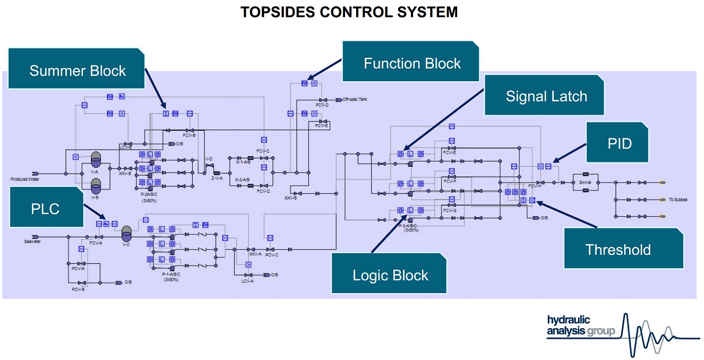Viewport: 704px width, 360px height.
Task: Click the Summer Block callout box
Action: pos(78,71)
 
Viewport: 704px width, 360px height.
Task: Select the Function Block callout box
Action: pos(412,64)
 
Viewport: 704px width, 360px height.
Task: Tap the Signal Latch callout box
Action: pos(546,96)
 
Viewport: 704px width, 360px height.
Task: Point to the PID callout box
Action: pos(619,143)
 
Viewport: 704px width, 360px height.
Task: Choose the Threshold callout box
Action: pos(618,249)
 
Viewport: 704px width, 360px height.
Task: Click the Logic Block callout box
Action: pos(390,275)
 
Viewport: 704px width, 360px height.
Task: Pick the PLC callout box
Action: pos(45,209)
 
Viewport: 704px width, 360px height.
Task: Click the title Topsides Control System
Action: pos(349,12)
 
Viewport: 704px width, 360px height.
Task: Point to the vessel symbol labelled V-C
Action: pos(126,233)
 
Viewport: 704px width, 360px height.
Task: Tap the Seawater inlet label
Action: pos(33,242)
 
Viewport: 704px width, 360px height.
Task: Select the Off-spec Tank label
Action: pos(355,99)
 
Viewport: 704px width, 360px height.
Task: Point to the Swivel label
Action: pos(585,182)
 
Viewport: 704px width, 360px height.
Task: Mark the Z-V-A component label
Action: pos(217,178)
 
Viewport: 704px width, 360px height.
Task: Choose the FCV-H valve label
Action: pos(534,186)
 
